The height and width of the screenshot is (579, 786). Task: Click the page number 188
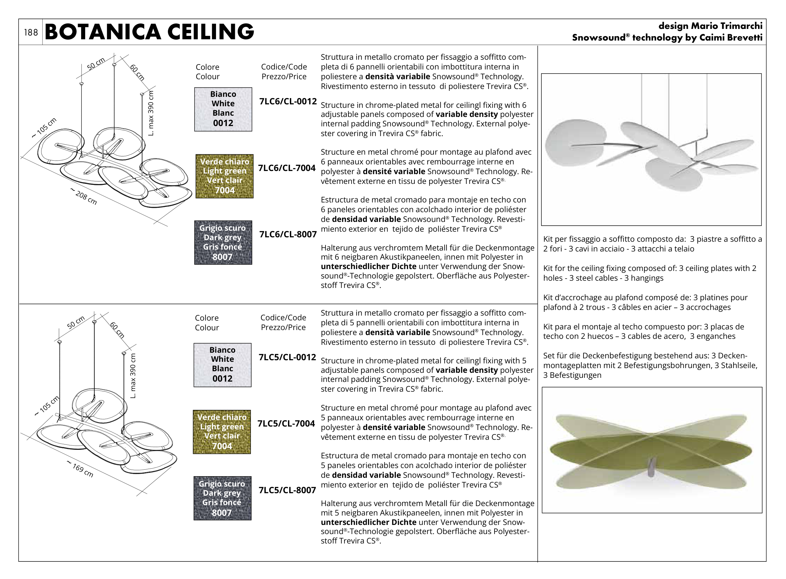tap(31, 33)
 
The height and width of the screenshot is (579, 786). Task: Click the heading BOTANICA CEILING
tap(149, 32)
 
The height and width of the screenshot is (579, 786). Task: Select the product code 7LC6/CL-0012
tap(288, 102)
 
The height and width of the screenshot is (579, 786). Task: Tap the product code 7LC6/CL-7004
tap(287, 168)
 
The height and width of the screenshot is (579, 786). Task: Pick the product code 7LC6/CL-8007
tap(288, 234)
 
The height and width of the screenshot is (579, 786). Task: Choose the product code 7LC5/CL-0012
tap(287, 357)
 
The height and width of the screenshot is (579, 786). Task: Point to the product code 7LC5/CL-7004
tap(286, 424)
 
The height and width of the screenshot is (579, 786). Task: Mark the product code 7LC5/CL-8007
tap(287, 490)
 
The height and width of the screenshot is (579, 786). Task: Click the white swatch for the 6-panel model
tap(223, 109)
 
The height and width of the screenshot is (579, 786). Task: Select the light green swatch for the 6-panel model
tap(224, 176)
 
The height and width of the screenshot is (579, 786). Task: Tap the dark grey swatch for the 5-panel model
tap(222, 498)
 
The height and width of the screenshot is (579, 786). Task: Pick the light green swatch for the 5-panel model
tap(222, 432)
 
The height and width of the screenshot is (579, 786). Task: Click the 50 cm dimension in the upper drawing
tap(96, 64)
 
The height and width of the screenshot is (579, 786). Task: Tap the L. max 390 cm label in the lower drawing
tap(133, 375)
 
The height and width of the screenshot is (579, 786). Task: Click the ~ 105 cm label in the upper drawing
tap(44, 128)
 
